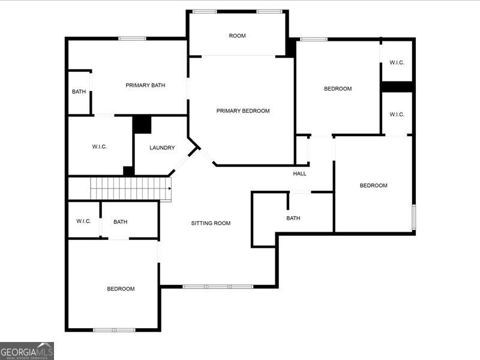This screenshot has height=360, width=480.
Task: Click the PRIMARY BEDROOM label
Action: [243, 111]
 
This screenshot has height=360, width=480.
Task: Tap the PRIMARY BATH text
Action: [145, 85]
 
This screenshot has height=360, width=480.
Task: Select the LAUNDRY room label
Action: [162, 148]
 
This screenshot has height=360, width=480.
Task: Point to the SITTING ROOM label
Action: [211, 223]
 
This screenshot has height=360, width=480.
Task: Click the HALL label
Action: [299, 173]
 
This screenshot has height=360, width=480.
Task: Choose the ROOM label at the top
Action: [237, 35]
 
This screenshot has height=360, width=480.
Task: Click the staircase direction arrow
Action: [170, 188]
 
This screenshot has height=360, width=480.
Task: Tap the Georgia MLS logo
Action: [27, 351]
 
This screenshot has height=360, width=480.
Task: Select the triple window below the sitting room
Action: [218, 287]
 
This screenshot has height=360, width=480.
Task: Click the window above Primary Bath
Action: [132, 38]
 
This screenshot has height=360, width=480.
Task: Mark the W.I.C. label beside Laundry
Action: [100, 146]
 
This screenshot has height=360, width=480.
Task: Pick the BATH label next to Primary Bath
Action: [79, 92]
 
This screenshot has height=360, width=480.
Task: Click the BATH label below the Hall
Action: [293, 218]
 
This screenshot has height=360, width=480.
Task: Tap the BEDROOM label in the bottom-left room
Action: [121, 289]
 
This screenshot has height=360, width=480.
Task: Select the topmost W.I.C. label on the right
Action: [397, 62]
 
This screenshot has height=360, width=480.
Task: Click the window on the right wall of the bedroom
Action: [413, 217]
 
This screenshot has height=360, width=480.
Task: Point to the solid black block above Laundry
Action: [142, 124]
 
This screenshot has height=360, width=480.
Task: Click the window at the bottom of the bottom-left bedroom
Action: [114, 330]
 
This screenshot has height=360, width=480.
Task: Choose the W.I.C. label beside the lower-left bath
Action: [83, 221]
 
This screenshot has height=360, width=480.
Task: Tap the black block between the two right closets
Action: [397, 86]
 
